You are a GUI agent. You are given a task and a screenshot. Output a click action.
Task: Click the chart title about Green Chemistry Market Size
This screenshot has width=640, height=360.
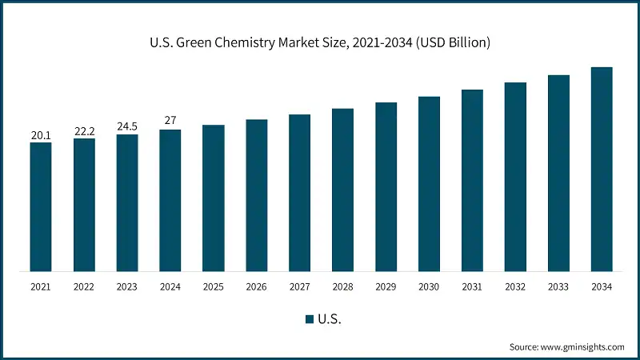(x=319, y=42)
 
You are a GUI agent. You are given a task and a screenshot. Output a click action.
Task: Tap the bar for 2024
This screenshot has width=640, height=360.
(x=170, y=200)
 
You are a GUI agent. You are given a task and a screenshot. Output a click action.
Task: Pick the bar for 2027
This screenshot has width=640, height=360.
(x=299, y=192)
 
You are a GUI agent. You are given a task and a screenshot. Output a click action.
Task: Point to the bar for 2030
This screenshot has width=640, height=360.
(x=429, y=183)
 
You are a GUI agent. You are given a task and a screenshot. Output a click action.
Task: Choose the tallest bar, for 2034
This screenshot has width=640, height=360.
(x=601, y=169)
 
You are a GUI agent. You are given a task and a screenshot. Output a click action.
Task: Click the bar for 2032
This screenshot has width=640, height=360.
(x=515, y=176)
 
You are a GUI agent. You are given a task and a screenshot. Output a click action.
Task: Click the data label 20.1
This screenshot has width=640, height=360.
(x=41, y=135)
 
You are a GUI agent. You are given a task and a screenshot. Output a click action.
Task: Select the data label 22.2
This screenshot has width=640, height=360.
(x=84, y=131)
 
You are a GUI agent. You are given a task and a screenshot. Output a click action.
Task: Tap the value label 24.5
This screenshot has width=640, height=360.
(x=127, y=126)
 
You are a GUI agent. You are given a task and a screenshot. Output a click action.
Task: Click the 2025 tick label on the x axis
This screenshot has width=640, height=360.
(x=214, y=287)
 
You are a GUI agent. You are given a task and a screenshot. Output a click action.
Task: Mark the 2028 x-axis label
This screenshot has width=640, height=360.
(x=342, y=287)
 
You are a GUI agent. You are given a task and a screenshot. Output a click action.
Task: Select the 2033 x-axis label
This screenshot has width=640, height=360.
(x=558, y=287)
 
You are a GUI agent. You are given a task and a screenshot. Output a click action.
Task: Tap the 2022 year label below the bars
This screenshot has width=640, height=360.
(x=84, y=287)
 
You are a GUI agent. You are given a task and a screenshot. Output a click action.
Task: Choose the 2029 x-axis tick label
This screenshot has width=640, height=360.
(x=386, y=287)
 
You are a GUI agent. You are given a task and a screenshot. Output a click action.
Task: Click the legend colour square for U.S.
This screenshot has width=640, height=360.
(x=309, y=319)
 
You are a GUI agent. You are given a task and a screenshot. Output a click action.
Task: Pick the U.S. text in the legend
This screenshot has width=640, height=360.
(x=330, y=319)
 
